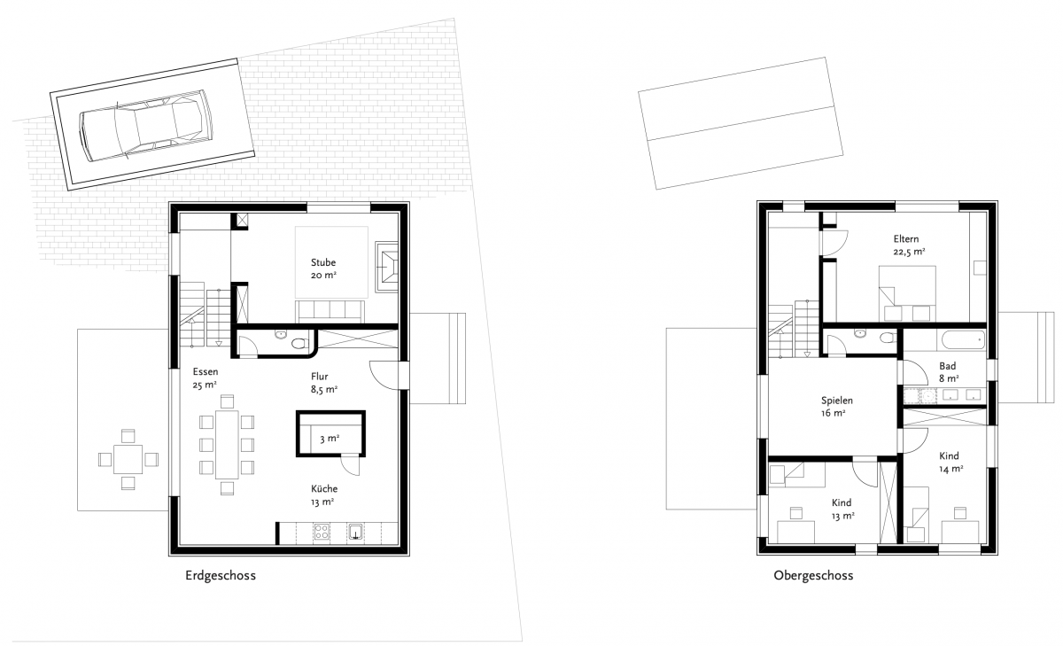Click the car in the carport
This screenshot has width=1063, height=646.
(146, 124)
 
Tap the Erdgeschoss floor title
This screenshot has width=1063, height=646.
(221, 575)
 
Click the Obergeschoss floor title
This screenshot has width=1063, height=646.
(813, 575)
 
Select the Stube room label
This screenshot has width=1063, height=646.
(323, 262)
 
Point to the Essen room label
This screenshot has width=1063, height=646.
(206, 371)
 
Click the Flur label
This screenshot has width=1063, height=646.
(320, 377)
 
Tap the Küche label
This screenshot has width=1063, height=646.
(324, 488)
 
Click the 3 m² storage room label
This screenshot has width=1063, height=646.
(330, 438)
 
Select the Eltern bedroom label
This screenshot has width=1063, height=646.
(906, 238)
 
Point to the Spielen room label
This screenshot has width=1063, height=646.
(836, 401)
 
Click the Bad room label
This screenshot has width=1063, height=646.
(947, 366)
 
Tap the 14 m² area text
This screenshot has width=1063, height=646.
(951, 469)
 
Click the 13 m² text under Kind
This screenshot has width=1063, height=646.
(842, 516)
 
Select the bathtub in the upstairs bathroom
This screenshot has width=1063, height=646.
(964, 340)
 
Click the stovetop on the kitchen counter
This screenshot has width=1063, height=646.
(322, 532)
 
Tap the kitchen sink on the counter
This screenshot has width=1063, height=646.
(355, 532)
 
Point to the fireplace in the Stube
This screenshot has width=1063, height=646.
(386, 267)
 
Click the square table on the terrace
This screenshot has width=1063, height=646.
(128, 459)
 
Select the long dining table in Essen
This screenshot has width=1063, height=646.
(227, 445)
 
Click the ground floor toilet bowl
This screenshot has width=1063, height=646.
(299, 343)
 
